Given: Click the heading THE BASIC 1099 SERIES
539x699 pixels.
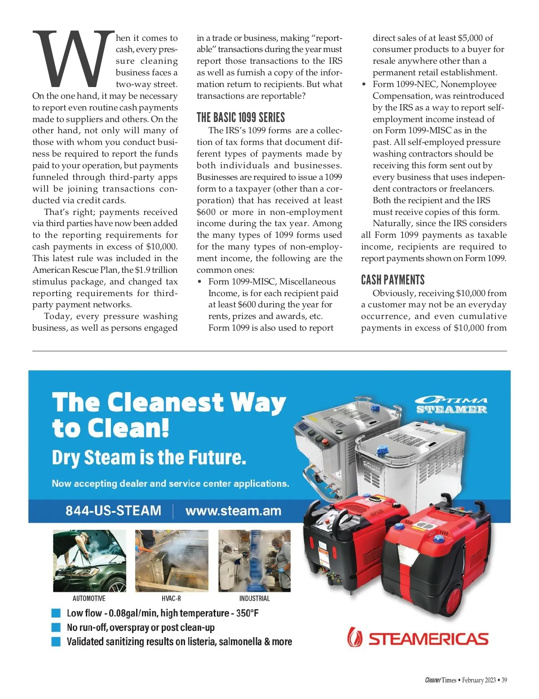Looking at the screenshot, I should point(241,118).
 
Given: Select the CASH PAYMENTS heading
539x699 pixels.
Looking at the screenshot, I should point(393,280).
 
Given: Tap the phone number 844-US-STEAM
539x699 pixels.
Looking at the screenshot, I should point(113,511).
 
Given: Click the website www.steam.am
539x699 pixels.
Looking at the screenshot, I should point(233,511).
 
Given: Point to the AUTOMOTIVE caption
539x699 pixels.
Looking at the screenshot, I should point(89,599).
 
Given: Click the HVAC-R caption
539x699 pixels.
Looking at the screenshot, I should point(171,599).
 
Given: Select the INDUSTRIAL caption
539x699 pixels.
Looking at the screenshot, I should point(254,599).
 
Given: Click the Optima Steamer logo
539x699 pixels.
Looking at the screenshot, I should point(451,405).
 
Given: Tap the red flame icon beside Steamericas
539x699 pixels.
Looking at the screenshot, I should point(355,637).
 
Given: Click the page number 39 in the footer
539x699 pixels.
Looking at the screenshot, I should point(504,680).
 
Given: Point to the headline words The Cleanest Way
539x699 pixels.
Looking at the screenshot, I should point(169,402).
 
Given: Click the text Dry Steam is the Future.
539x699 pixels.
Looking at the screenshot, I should point(149,458).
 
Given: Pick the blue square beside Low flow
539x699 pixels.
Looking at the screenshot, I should point(56,613).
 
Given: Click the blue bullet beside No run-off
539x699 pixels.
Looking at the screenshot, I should point(56,627).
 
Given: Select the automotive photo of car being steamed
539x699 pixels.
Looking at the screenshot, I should point(89,561).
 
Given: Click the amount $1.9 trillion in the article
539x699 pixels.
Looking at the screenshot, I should point(156,270).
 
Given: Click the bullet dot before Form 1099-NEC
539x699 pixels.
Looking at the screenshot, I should point(364,85).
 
